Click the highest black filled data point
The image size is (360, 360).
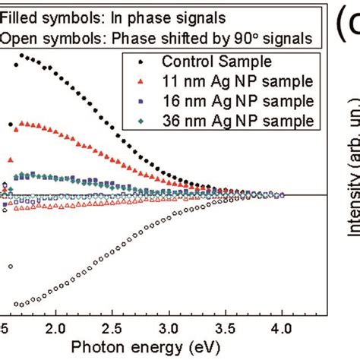(21, 55)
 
